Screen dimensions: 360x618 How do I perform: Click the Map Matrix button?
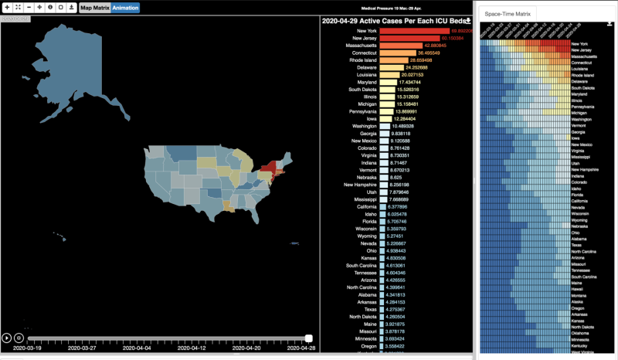95,8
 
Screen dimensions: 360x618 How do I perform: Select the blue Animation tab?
124,8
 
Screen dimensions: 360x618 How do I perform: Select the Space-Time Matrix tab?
507,14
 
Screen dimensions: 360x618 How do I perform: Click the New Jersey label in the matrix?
583,51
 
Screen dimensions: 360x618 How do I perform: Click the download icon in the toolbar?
71,7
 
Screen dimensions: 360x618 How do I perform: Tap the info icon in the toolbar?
50,7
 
